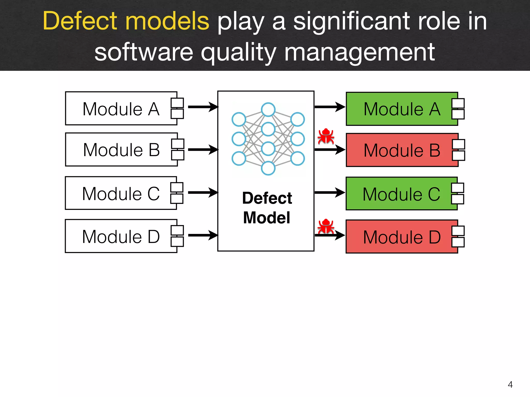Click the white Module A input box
click(x=121, y=109)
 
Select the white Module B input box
click(x=121, y=150)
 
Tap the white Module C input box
click(x=121, y=193)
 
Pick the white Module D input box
click(x=121, y=236)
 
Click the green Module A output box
click(x=402, y=109)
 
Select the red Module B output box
click(x=402, y=150)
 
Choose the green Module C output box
click(x=401, y=194)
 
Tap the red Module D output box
click(x=402, y=237)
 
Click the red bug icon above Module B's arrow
click(x=326, y=136)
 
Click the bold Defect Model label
click(x=267, y=208)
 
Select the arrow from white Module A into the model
click(x=203, y=107)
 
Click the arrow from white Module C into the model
click(x=203, y=193)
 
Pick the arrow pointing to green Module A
click(x=330, y=107)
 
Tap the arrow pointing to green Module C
click(x=330, y=193)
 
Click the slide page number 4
click(x=510, y=385)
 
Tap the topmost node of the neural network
click(x=268, y=110)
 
